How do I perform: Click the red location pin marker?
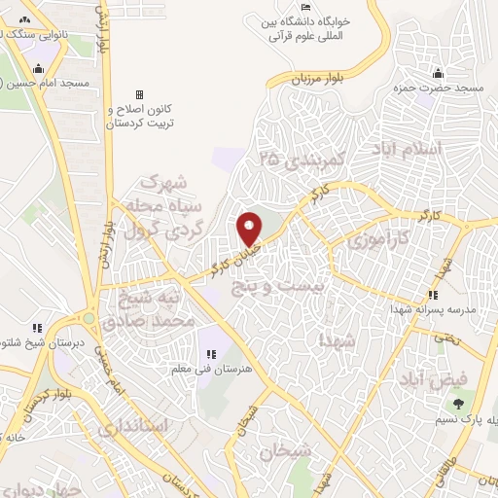[250, 229]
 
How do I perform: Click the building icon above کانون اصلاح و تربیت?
[139, 94]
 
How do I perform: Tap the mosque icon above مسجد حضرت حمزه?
[439, 72]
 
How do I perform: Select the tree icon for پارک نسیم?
[457, 402]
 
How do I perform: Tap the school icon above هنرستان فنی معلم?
[207, 353]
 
